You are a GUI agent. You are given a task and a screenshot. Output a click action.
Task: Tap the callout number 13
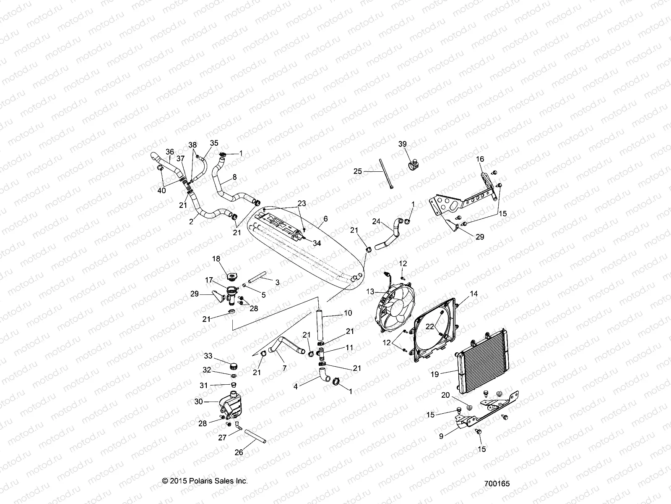(x=370, y=291)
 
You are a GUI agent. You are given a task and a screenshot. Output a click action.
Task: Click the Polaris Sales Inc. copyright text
(x=205, y=481)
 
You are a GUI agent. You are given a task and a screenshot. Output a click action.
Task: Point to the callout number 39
(x=402, y=144)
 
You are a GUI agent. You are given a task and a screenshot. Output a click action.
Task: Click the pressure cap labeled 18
(x=230, y=277)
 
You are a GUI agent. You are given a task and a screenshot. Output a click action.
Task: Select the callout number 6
(x=325, y=219)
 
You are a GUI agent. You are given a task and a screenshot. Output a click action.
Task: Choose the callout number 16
(x=480, y=159)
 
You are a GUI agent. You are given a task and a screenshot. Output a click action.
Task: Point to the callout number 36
(x=169, y=152)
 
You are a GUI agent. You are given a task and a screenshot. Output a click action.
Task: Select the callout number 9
(x=441, y=436)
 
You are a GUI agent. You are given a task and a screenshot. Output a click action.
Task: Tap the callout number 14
(x=473, y=294)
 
